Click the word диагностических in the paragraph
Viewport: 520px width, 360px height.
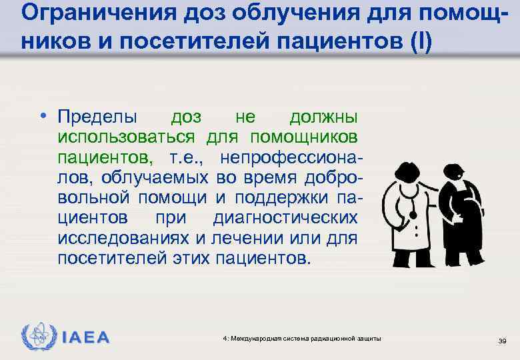pos(285,218)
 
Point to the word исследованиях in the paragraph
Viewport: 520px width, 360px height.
pos(129,238)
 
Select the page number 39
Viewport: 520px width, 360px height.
pos(503,341)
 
